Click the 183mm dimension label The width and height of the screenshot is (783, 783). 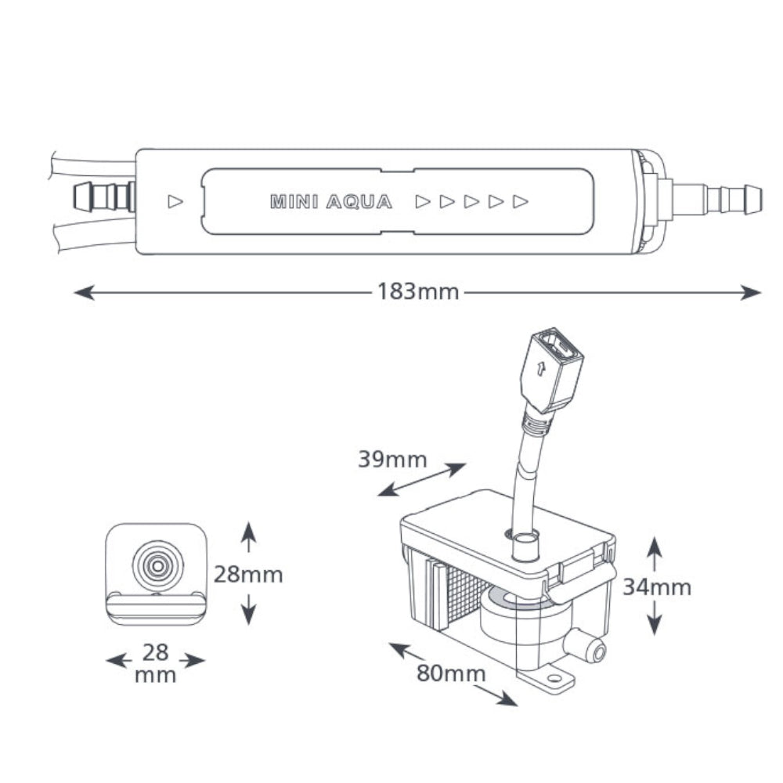418,291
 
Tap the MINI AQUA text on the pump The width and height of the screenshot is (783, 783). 331,202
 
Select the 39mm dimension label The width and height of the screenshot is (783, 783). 392,460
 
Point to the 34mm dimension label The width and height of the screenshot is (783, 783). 657,587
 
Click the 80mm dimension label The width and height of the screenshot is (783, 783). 451,673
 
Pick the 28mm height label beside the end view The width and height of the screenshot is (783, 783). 248,574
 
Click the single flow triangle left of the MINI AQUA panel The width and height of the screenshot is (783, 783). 175,202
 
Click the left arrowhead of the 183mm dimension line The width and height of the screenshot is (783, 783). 84,292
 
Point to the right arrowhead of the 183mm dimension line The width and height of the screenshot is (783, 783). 751,292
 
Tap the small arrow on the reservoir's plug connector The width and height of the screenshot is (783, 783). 539,369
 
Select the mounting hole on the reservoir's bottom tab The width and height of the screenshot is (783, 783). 553,679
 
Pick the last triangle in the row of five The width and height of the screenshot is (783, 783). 521,202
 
